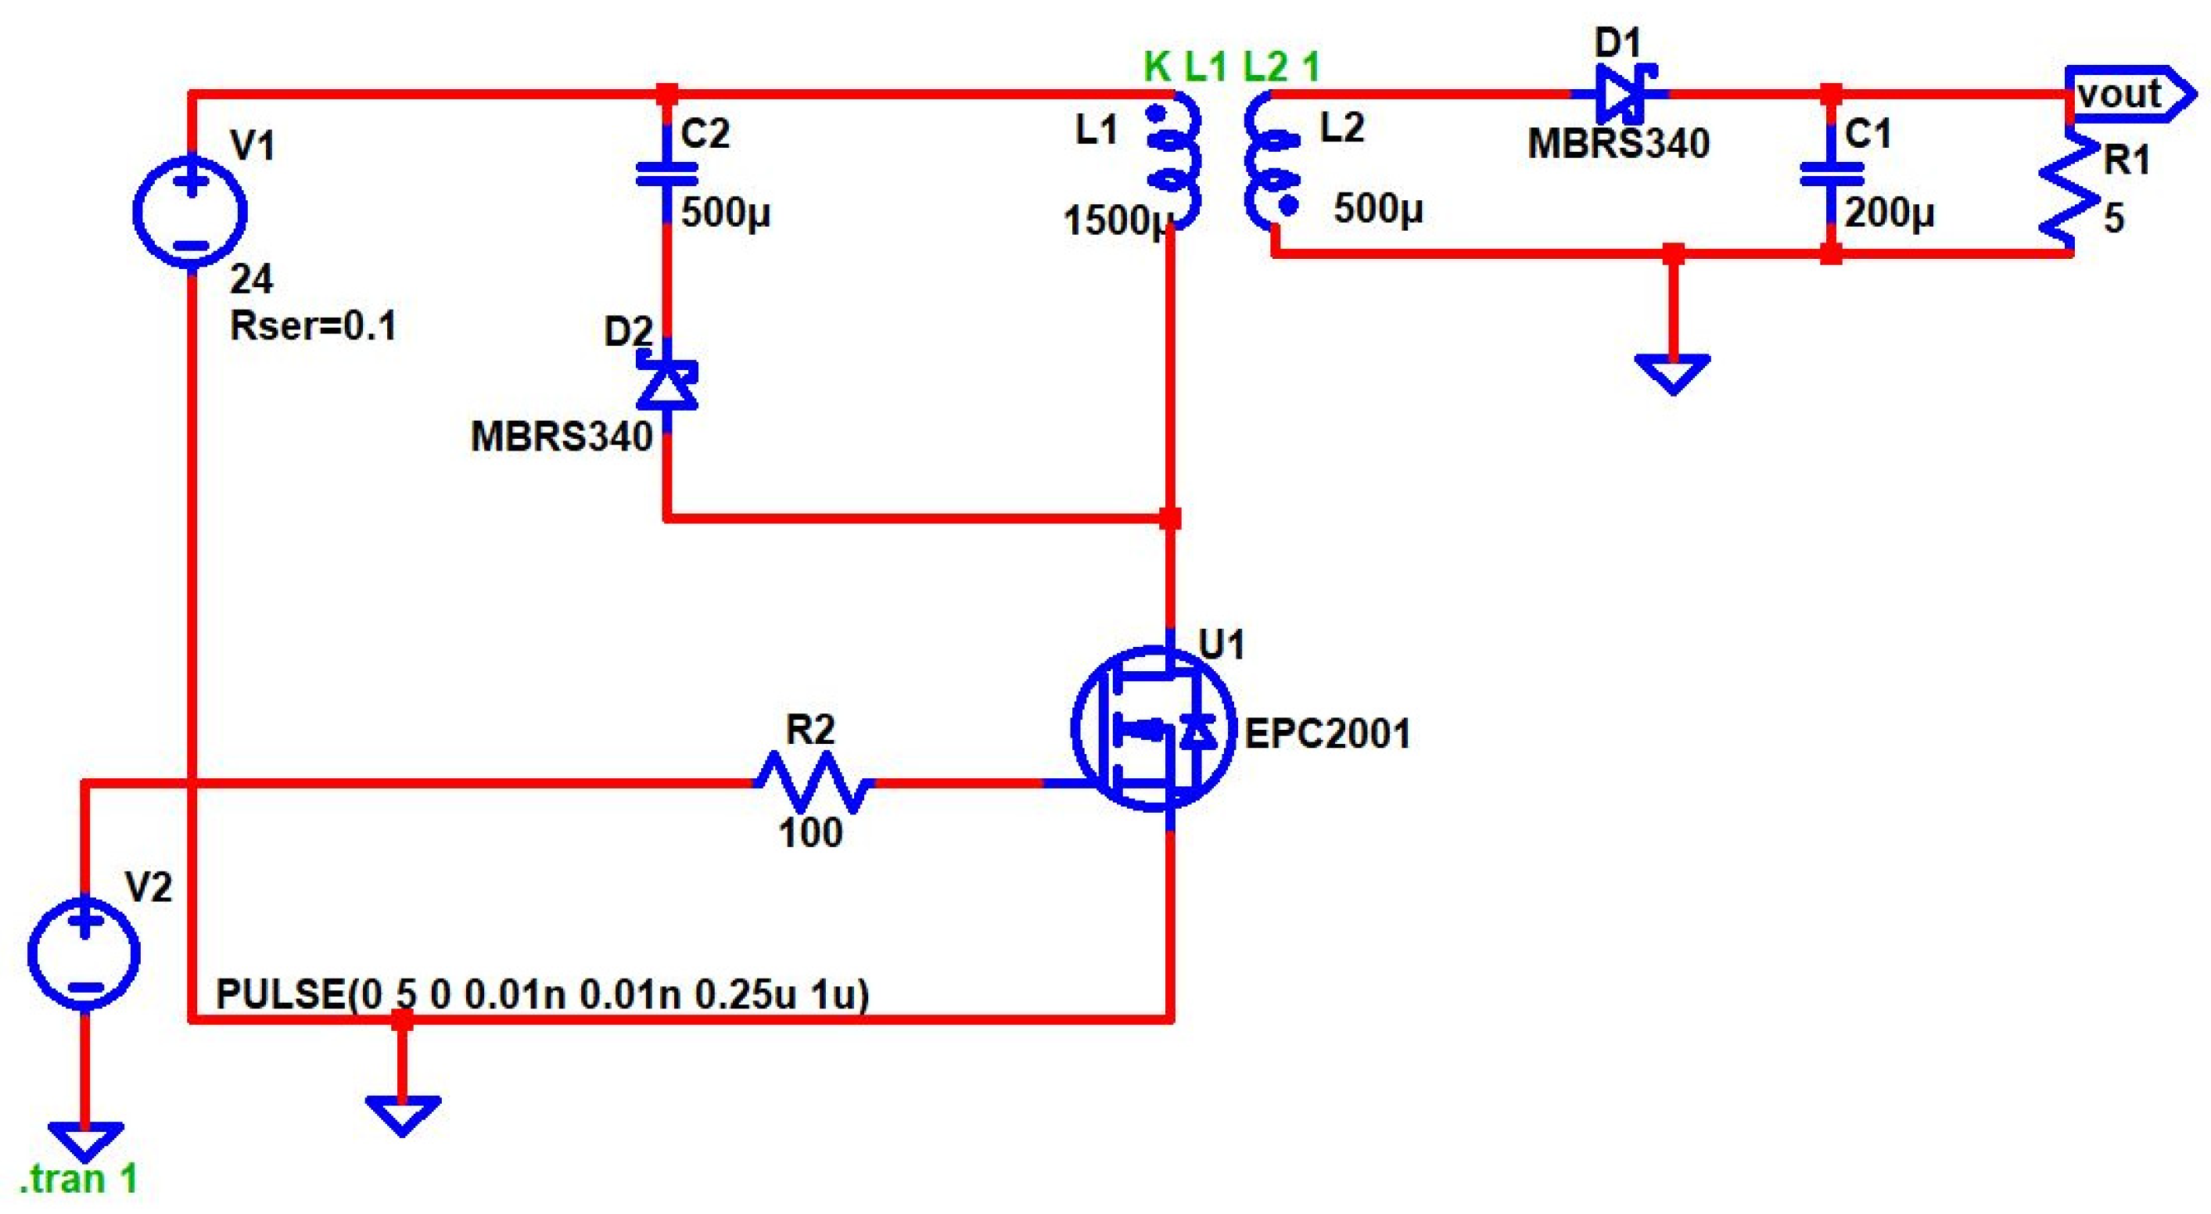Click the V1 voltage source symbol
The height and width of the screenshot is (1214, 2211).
click(191, 211)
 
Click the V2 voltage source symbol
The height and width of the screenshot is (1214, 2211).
click(84, 953)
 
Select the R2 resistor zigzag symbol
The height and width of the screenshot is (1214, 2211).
click(812, 782)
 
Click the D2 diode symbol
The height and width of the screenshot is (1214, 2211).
click(667, 386)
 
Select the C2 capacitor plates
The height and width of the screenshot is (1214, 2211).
click(667, 174)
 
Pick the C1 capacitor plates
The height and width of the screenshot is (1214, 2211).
click(1831, 174)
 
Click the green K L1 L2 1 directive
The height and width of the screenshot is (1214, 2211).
click(1232, 66)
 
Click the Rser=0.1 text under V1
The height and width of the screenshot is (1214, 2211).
click(314, 326)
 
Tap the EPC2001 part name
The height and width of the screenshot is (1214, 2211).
click(1327, 734)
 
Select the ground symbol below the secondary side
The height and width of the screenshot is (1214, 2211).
click(1673, 372)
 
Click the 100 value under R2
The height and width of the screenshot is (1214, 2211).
click(810, 833)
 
